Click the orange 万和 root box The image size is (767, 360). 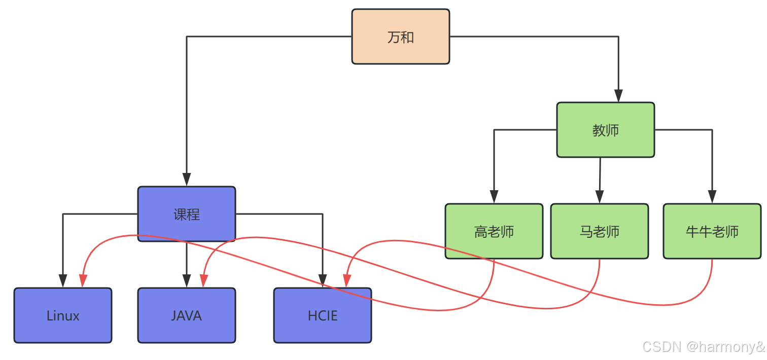(401, 37)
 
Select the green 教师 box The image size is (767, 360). (605, 130)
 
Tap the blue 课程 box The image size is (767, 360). (187, 214)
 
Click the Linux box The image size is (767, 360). (63, 315)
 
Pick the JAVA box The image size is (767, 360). (187, 315)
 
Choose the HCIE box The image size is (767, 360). (323, 315)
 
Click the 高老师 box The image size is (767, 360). (494, 231)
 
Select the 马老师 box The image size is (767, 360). (599, 231)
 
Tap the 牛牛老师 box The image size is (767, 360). (712, 231)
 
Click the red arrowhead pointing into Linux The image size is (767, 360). (83, 280)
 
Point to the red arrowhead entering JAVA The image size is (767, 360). (204, 280)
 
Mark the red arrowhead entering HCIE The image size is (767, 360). (347, 280)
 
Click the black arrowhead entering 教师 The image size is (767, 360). (618, 96)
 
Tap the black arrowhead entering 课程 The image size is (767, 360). (187, 179)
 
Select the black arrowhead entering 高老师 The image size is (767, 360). (494, 197)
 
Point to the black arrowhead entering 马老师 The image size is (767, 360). (599, 197)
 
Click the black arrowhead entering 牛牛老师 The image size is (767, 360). (712, 197)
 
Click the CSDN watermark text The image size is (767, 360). (703, 347)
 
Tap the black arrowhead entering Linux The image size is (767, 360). (63, 281)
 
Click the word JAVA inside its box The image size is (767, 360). (187, 316)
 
